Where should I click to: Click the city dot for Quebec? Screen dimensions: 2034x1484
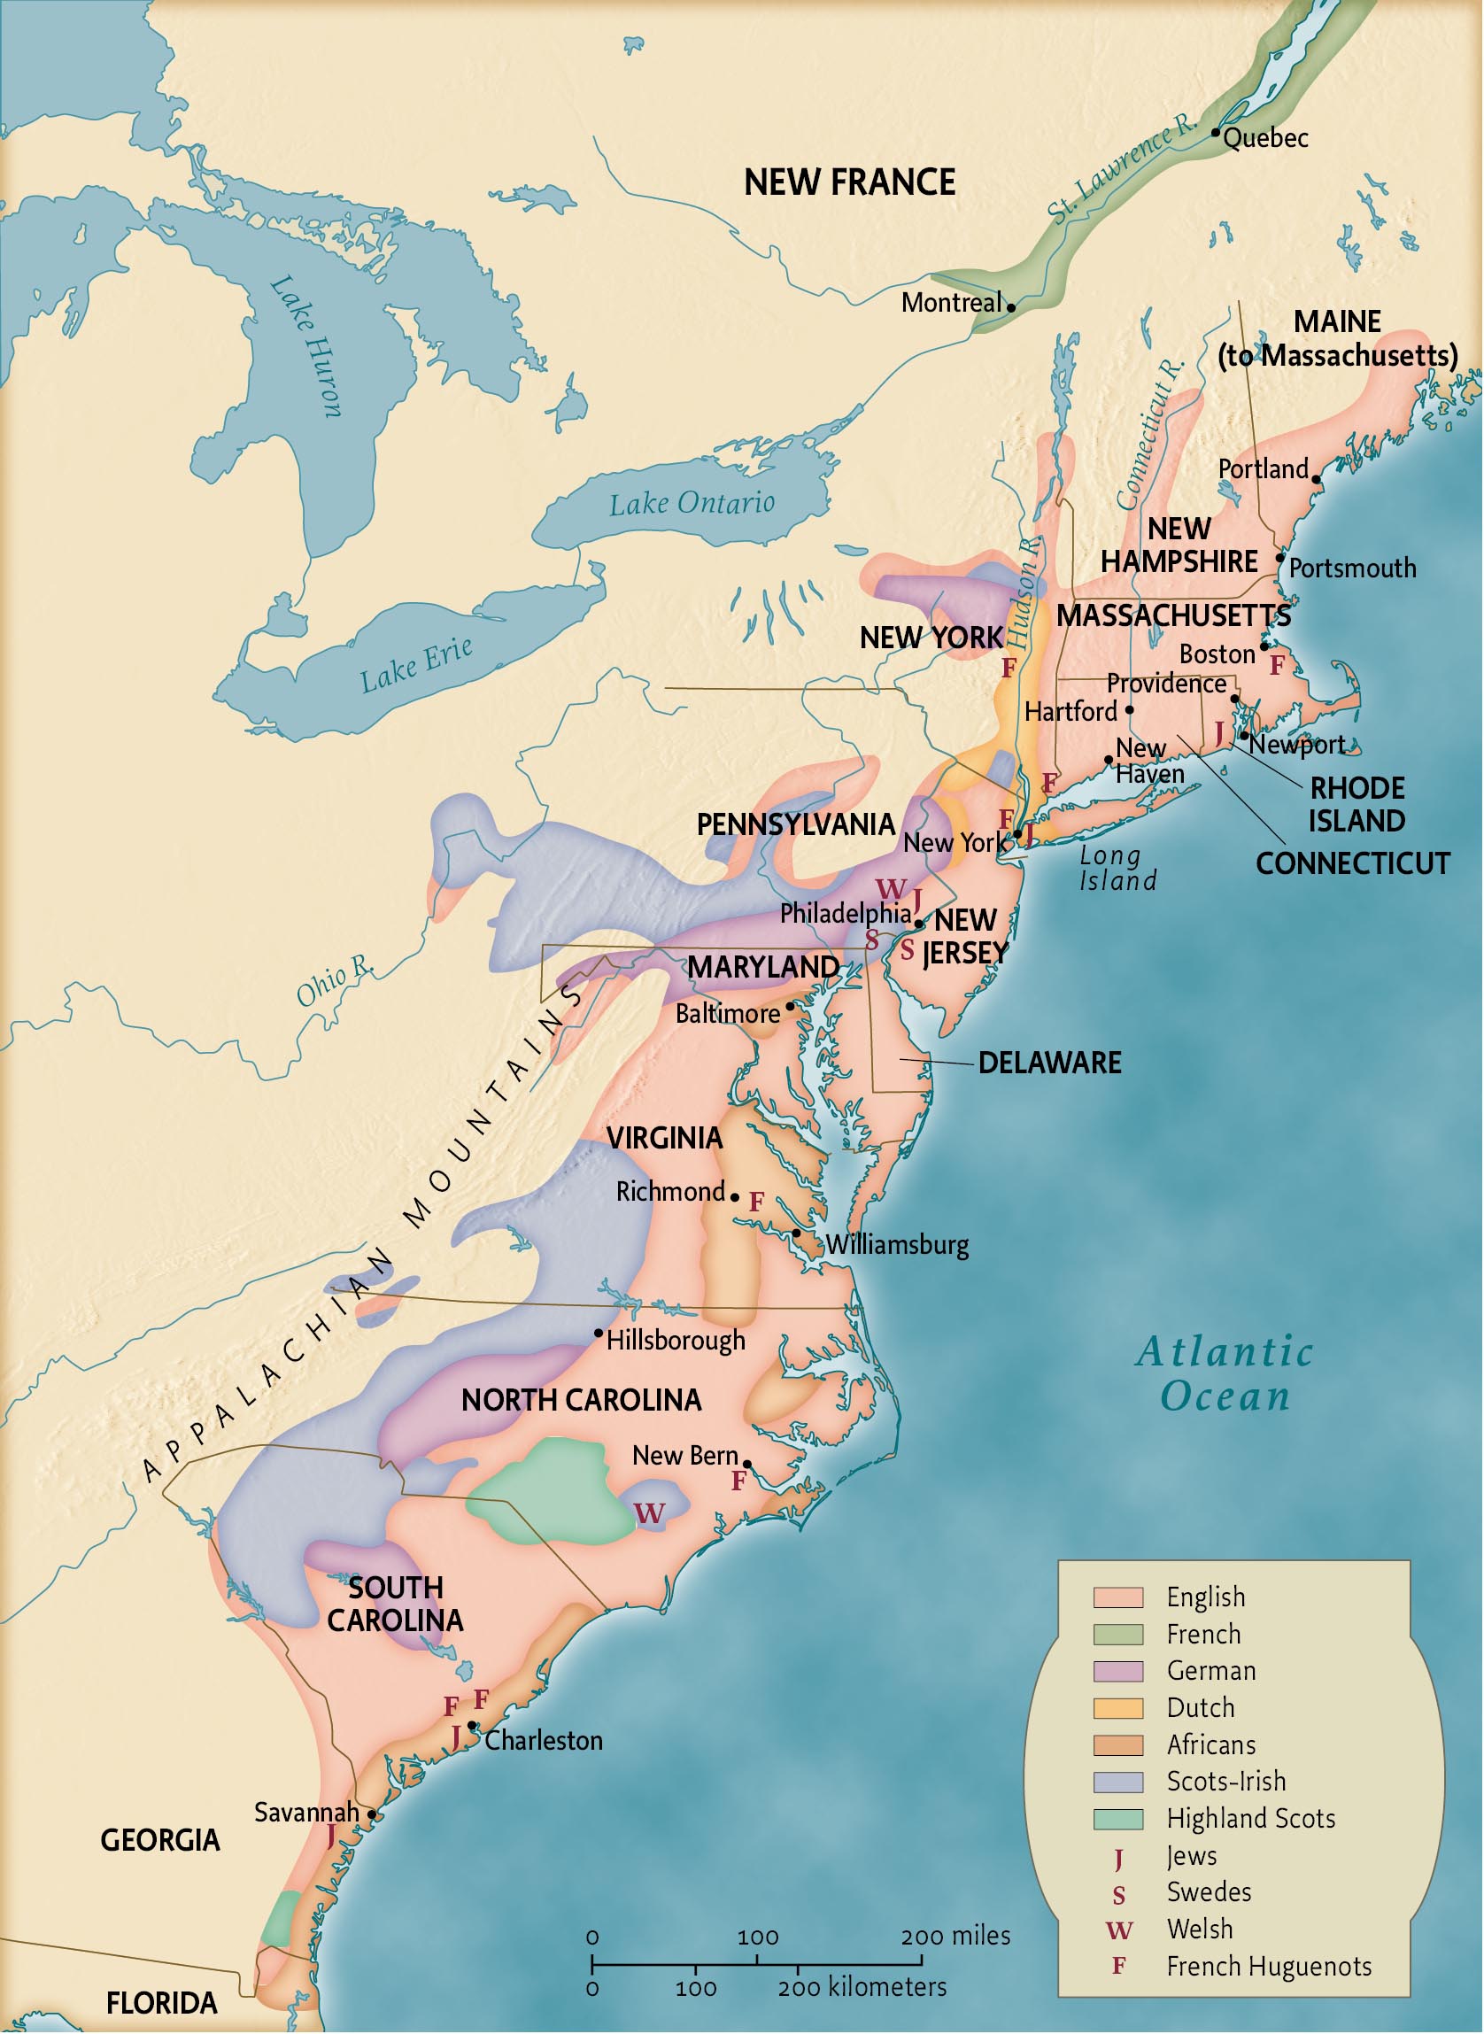[1216, 132]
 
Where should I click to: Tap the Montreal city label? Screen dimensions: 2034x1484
[950, 303]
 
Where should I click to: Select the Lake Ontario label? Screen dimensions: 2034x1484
[692, 503]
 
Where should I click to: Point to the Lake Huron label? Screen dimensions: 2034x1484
[306, 346]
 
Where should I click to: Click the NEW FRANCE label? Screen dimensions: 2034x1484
[849, 182]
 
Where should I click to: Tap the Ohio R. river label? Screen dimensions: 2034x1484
[334, 981]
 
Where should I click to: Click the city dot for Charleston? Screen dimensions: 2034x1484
[473, 1726]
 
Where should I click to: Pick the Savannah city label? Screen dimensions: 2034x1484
[306, 1812]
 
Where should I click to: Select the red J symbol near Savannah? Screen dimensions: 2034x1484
[330, 1836]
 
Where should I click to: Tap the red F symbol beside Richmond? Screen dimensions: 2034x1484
[756, 1203]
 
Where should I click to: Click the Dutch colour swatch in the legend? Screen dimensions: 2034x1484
[1117, 1707]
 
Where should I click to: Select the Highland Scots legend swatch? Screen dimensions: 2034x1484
[1117, 1819]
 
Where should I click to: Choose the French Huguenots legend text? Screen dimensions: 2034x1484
[1269, 1967]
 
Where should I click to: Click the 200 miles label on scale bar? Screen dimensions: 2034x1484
[955, 1935]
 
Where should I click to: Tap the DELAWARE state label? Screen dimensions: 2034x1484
[1049, 1063]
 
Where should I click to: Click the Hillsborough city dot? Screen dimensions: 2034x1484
[599, 1333]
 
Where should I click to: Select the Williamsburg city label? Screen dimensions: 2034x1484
[896, 1245]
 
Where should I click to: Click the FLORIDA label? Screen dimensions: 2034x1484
[162, 2002]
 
